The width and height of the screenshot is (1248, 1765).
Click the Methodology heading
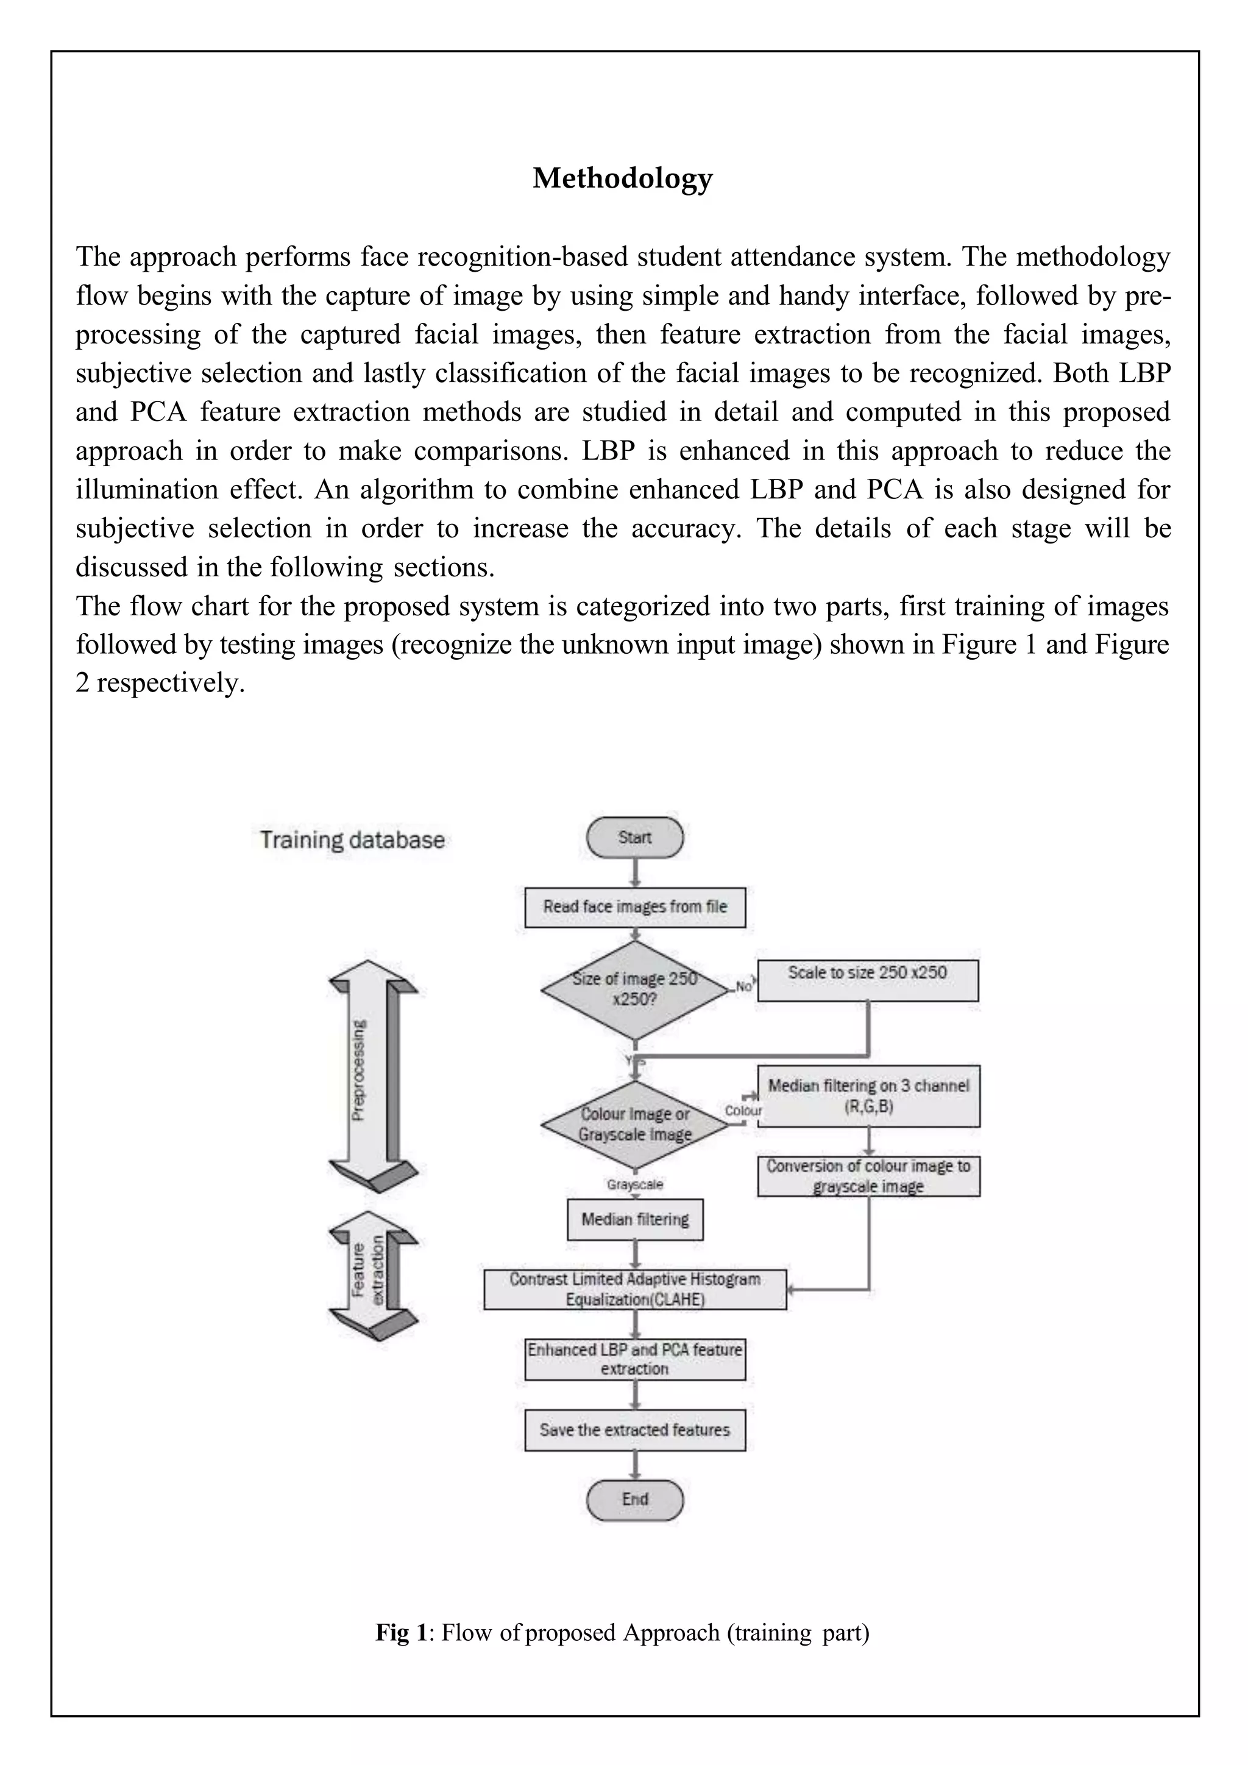(x=623, y=179)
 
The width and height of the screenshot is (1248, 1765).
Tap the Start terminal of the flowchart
(x=634, y=838)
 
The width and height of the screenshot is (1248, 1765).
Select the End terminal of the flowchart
(x=634, y=1499)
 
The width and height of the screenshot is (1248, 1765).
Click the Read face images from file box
(x=634, y=907)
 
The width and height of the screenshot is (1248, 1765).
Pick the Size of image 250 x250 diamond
(x=634, y=989)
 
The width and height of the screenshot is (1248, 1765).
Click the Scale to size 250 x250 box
(x=867, y=980)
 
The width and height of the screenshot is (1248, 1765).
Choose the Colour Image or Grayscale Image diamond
(x=634, y=1124)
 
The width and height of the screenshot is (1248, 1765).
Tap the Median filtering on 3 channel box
(x=868, y=1096)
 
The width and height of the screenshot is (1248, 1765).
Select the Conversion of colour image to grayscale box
(x=868, y=1176)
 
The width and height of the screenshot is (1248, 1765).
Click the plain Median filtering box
(x=634, y=1219)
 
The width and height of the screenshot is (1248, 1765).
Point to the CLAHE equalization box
(x=634, y=1289)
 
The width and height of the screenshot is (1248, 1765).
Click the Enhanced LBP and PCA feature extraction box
(x=634, y=1359)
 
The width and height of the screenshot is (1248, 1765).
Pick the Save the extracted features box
(x=634, y=1430)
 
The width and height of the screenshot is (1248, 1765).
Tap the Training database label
(x=352, y=840)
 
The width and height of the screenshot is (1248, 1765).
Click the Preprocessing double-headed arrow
(x=373, y=1076)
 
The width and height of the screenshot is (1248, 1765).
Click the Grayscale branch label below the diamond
(x=634, y=1184)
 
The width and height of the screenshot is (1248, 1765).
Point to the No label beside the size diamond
(x=743, y=986)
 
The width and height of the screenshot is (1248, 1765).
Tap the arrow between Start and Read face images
(x=635, y=872)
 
